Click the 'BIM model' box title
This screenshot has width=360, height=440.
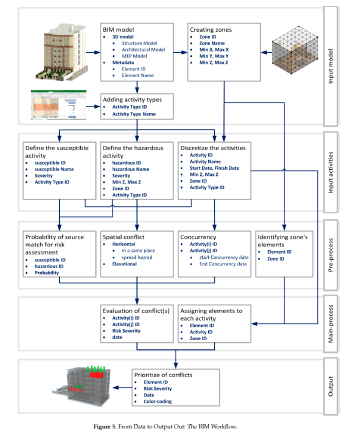tap(118, 29)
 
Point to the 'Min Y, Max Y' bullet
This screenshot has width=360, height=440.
tap(214, 56)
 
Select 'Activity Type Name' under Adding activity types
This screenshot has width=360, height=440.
tap(133, 114)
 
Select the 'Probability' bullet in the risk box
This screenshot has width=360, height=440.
tap(46, 273)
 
